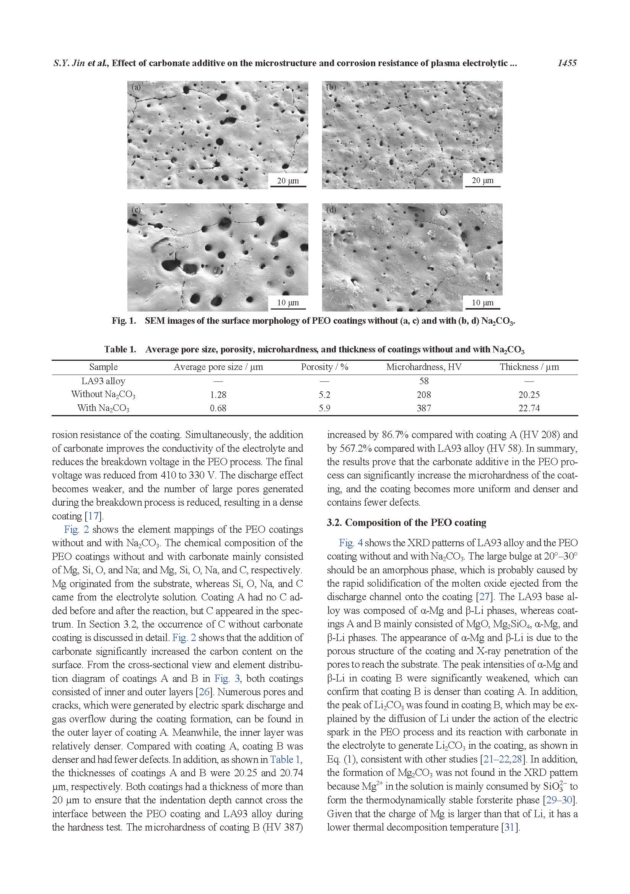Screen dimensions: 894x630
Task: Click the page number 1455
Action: click(x=567, y=63)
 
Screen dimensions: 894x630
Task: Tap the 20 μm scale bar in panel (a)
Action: click(x=288, y=181)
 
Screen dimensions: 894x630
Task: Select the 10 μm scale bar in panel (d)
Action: click(x=482, y=303)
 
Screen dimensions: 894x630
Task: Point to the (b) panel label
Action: click(x=331, y=88)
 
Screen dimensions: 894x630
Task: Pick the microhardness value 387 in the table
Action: click(x=423, y=408)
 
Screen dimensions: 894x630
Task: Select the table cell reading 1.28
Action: click(x=218, y=395)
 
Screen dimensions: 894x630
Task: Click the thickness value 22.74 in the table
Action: click(x=529, y=408)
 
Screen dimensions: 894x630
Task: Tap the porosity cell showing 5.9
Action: click(x=324, y=408)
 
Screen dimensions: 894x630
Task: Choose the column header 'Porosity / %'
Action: click(x=324, y=367)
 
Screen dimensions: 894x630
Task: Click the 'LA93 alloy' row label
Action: click(x=103, y=381)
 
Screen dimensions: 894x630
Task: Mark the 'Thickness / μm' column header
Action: click(x=529, y=367)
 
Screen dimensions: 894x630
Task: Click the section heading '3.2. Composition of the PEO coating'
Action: click(x=406, y=522)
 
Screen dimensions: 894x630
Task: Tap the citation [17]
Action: click(x=93, y=516)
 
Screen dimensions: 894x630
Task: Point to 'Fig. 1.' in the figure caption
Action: click(x=124, y=321)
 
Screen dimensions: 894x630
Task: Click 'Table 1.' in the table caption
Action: click(x=120, y=350)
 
